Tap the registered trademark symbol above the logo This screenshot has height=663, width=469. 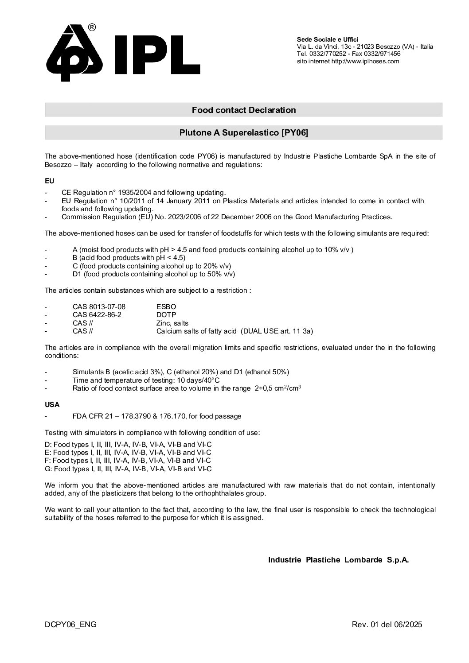(x=92, y=27)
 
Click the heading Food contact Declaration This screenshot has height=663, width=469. (x=243, y=110)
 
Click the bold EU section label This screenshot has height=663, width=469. (x=49, y=181)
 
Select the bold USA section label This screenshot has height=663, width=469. (x=52, y=404)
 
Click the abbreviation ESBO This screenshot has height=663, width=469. (x=166, y=306)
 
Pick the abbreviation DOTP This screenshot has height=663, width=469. (x=166, y=314)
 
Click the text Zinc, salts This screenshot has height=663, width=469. (x=172, y=323)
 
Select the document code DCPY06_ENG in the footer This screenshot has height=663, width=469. (x=70, y=624)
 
